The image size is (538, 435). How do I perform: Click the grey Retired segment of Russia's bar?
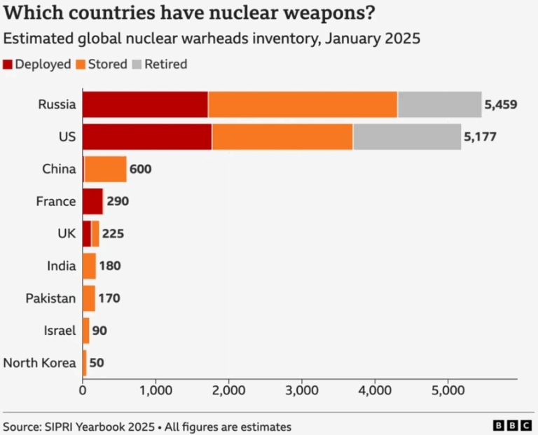[x=439, y=104]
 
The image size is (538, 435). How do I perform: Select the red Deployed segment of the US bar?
[x=147, y=137]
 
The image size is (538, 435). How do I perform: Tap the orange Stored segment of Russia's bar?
[x=303, y=104]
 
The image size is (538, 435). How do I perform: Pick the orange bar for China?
[x=106, y=169]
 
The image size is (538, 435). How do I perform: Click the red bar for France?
[x=92, y=201]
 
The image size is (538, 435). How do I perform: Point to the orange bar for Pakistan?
[x=89, y=298]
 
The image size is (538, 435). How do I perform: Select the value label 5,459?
[x=501, y=105]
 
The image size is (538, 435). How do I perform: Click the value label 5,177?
[x=480, y=137]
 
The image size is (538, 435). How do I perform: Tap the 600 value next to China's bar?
[x=141, y=170]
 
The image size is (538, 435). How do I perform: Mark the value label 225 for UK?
[x=113, y=234]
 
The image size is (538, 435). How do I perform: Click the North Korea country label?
[x=39, y=363]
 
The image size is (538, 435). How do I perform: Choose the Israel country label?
[x=59, y=331]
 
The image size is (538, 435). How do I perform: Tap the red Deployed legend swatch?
[x=8, y=64]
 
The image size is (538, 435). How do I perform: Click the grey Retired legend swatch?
[x=136, y=64]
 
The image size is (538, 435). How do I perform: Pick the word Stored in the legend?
[x=107, y=64]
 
